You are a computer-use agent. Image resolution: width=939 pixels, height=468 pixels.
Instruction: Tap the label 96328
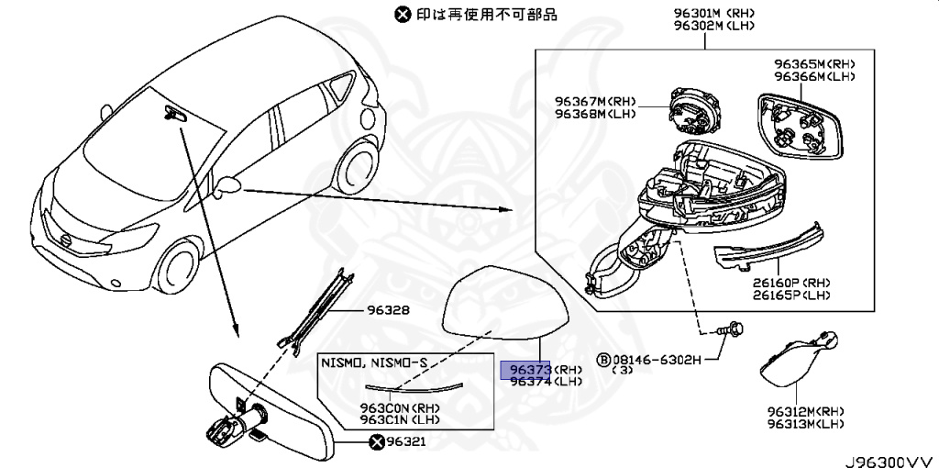(388, 311)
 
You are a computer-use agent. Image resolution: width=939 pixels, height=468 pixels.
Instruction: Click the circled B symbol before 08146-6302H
(603, 360)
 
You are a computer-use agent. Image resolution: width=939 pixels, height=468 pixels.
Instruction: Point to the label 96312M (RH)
(805, 412)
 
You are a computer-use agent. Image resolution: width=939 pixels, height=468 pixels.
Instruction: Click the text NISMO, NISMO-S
(373, 362)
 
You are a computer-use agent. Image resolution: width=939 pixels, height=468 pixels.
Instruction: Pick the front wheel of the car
(177, 266)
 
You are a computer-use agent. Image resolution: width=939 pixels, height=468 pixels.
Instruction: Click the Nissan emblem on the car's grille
(66, 240)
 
